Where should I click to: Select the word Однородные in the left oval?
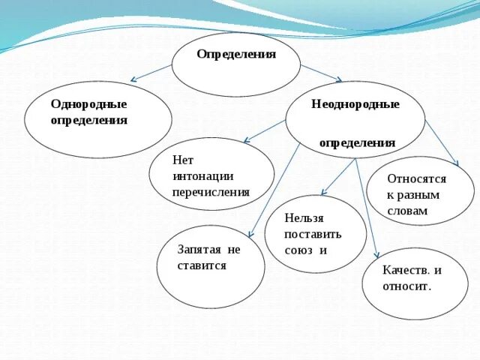pyautogui.click(x=88, y=104)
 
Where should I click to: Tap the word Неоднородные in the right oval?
pyautogui.click(x=355, y=104)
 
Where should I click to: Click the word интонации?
pyautogui.click(x=203, y=176)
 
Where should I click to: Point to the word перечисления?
pyautogui.click(x=211, y=192)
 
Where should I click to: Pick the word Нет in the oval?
pyautogui.click(x=183, y=160)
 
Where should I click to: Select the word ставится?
pyautogui.click(x=202, y=265)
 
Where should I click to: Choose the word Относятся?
pyautogui.click(x=416, y=179)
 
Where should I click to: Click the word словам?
pyautogui.click(x=407, y=211)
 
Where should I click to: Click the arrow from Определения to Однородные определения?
pyautogui.click(x=151, y=73)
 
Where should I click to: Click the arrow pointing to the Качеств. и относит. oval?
pyautogui.click(x=367, y=210)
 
